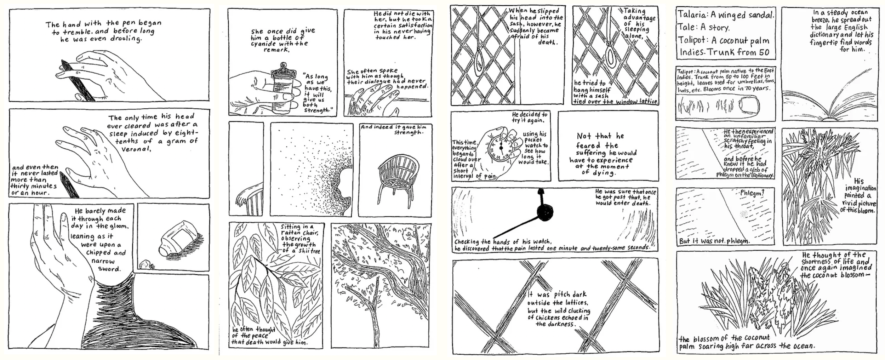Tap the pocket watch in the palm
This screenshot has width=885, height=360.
(x=498, y=146)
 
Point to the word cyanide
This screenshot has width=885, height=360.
(x=265, y=44)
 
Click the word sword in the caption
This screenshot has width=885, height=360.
(x=110, y=269)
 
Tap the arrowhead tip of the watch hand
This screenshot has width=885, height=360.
(x=541, y=192)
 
